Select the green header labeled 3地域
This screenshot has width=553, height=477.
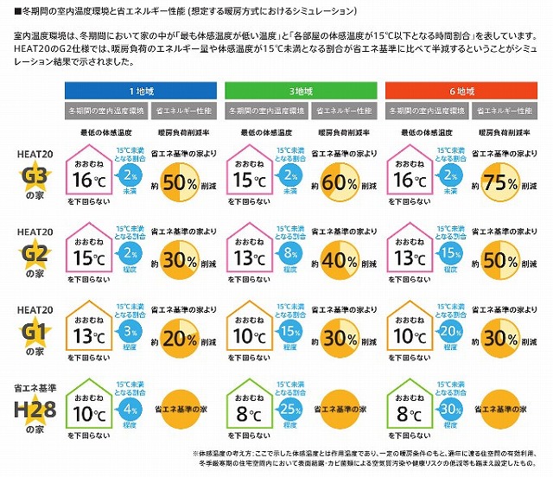point(298,90)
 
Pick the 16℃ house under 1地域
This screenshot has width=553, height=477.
point(93,177)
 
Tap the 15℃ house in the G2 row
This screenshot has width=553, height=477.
point(93,255)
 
